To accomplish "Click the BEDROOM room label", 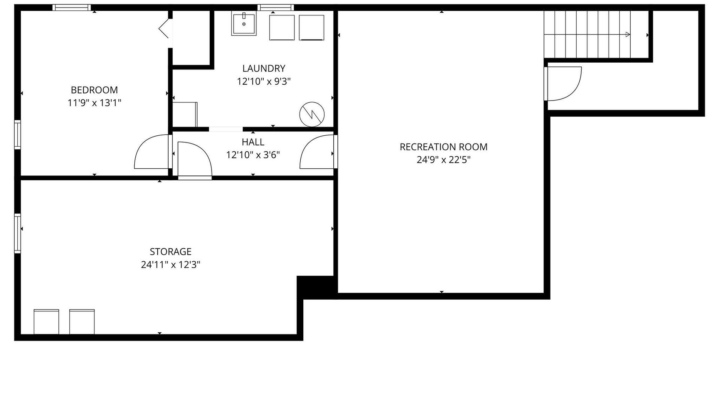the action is (x=94, y=90).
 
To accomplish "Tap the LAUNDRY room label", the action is (x=264, y=68).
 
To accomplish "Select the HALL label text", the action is (x=253, y=142).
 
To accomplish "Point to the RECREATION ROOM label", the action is (x=443, y=147).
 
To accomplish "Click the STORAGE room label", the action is (x=170, y=252).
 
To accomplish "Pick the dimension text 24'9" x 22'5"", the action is (x=443, y=160).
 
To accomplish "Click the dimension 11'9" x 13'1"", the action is (x=94, y=103).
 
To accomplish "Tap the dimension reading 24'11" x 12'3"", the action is (x=170, y=265).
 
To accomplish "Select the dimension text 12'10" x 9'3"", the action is (x=264, y=81).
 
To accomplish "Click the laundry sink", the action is (x=244, y=24).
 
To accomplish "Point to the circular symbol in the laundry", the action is (x=312, y=114).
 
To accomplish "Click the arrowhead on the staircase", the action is (x=628, y=34).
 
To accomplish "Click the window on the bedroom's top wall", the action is (x=72, y=7).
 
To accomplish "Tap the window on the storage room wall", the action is (x=18, y=233).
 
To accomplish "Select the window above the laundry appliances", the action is (x=276, y=7).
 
